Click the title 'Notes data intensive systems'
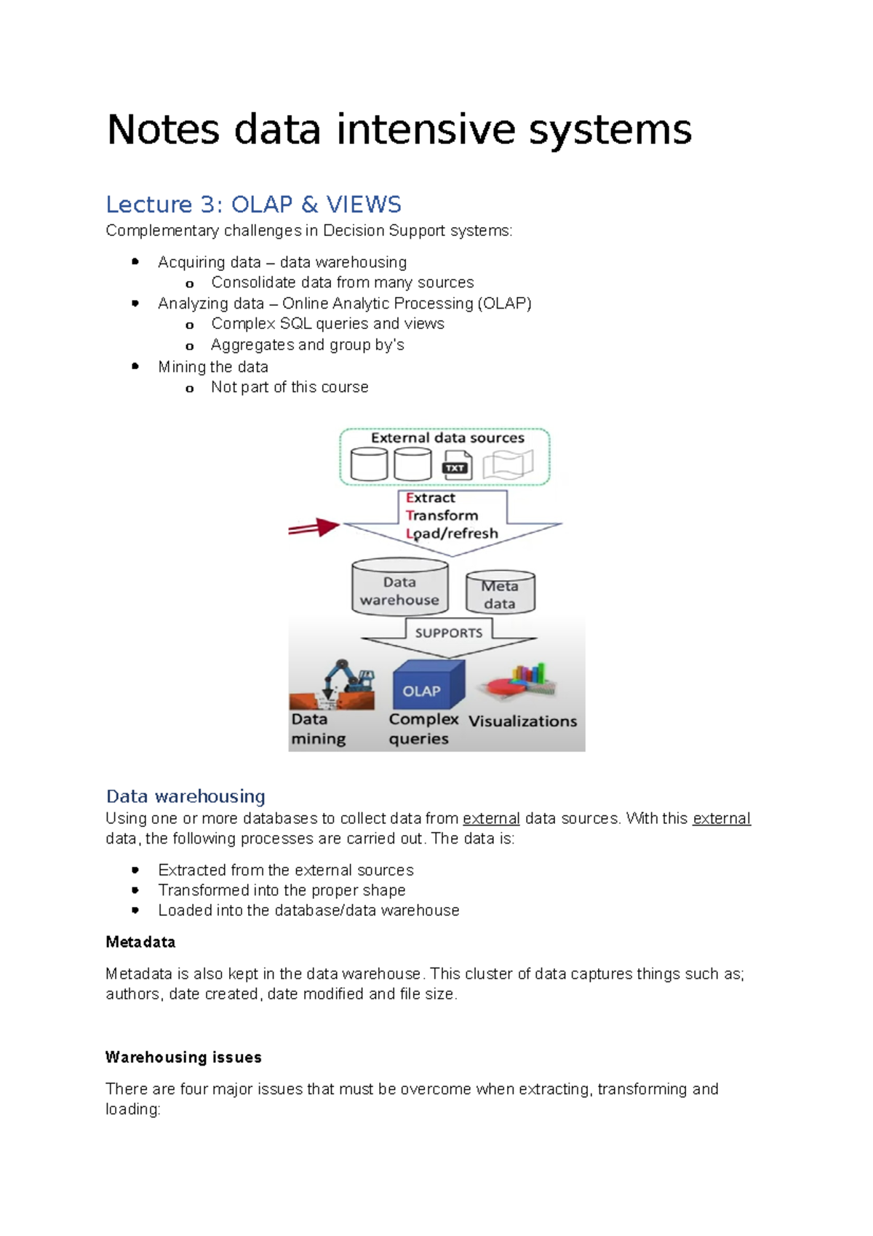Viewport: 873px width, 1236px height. [x=399, y=130]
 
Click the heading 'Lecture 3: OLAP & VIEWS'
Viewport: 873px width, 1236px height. [x=253, y=205]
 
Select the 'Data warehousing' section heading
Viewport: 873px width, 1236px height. [x=186, y=796]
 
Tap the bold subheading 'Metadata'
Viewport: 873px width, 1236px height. [x=140, y=942]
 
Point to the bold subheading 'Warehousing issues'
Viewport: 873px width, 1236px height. [x=183, y=1057]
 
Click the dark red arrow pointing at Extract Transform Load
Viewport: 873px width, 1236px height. [x=314, y=528]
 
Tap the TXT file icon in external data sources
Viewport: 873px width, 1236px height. [x=456, y=466]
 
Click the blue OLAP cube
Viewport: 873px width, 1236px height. [x=427, y=684]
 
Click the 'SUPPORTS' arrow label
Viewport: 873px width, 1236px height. [x=448, y=633]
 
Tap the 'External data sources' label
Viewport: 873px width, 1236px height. [x=447, y=438]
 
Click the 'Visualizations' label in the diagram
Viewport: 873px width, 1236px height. [x=522, y=721]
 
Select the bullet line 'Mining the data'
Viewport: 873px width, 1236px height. [x=213, y=367]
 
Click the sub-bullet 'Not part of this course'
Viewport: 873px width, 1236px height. [x=290, y=387]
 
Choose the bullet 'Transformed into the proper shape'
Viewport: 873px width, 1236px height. [x=282, y=890]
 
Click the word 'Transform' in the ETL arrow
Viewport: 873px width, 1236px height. [x=442, y=515]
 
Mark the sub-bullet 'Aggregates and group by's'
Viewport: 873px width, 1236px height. [x=307, y=345]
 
